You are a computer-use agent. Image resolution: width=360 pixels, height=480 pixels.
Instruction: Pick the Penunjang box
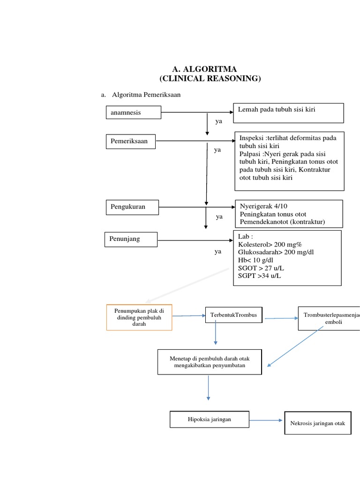coord(130,240)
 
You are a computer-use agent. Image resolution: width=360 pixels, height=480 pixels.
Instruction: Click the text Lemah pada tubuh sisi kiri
coord(277,110)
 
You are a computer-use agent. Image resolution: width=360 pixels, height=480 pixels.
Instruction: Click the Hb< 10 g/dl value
coord(255,260)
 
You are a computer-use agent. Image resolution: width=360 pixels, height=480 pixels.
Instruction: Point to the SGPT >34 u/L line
coord(260,275)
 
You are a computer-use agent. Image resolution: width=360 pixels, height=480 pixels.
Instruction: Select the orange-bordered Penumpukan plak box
coord(139,317)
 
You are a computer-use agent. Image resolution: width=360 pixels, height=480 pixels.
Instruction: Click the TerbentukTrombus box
coord(234,315)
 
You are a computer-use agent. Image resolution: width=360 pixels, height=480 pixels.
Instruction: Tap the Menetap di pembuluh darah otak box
coord(210,361)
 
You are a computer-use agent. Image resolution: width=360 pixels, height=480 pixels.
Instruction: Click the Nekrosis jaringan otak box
coord(317,423)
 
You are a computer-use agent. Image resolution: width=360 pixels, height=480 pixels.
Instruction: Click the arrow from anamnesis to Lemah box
coord(197,112)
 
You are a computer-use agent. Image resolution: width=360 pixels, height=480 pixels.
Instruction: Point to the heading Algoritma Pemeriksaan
coord(146,95)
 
